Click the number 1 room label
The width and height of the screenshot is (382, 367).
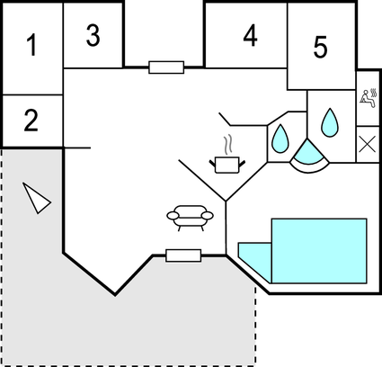[x=31, y=45]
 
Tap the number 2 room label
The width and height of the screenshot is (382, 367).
[x=31, y=120]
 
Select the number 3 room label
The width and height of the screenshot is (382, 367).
[x=93, y=35]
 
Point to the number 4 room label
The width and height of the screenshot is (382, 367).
[x=250, y=37]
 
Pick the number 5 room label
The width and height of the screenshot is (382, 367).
[x=321, y=48]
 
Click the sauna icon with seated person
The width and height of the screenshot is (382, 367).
[x=369, y=98]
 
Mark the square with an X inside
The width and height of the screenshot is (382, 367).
[x=369, y=144]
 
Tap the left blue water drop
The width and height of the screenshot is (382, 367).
[x=280, y=138]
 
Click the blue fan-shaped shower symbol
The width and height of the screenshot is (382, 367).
[x=308, y=156]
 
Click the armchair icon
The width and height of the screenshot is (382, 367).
[x=190, y=216]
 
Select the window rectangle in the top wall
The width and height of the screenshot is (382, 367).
[x=166, y=67]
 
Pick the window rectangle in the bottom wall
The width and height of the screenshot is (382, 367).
[x=183, y=255]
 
